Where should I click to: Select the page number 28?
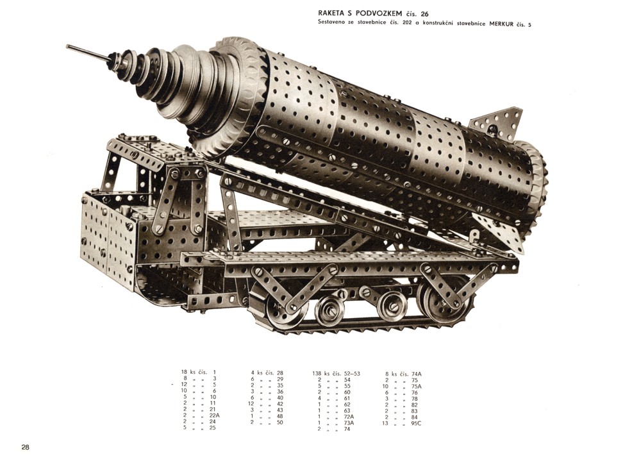pyautogui.click(x=26, y=447)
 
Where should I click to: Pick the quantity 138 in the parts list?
pyautogui.click(x=317, y=373)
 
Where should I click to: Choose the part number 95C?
pyautogui.click(x=416, y=423)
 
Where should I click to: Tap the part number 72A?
pyautogui.click(x=348, y=416)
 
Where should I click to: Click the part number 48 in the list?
pyautogui.click(x=279, y=416)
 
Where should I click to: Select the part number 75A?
pyautogui.click(x=416, y=386)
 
